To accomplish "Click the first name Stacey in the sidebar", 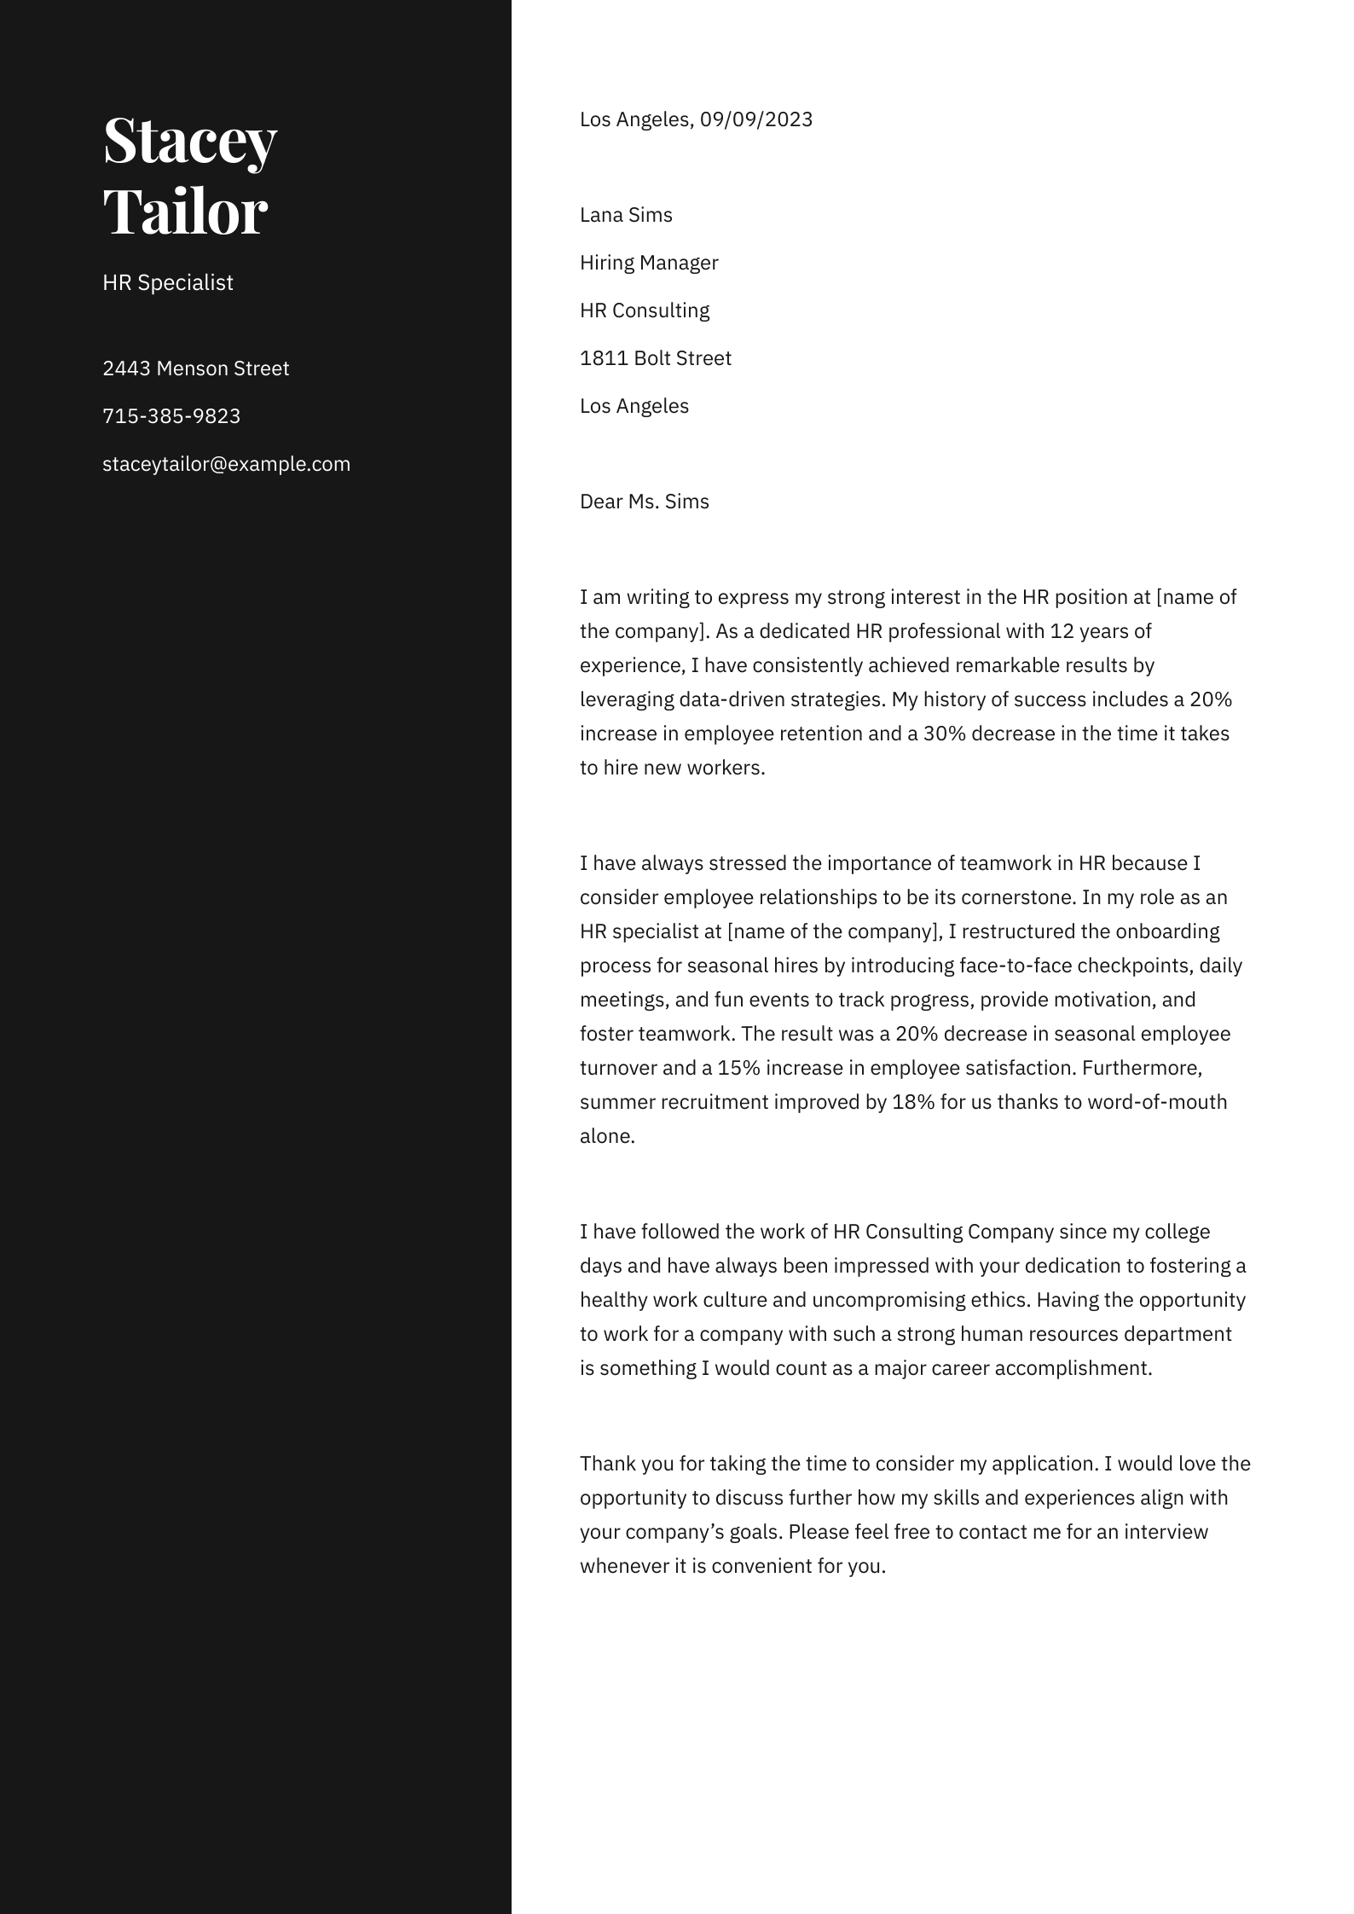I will [x=189, y=141].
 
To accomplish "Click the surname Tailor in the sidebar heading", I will [x=185, y=212].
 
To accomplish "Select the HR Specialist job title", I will [x=167, y=283].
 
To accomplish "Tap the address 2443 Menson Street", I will [x=195, y=368].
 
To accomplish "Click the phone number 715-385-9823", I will [x=171, y=416].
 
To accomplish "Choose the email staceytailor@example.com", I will [x=226, y=464].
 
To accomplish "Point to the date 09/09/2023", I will [x=756, y=119].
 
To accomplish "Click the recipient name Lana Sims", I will [x=626, y=215].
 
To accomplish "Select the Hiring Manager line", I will [x=649, y=263].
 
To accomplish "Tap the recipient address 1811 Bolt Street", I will [x=655, y=358].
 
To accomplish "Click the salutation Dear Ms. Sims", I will [x=644, y=502].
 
